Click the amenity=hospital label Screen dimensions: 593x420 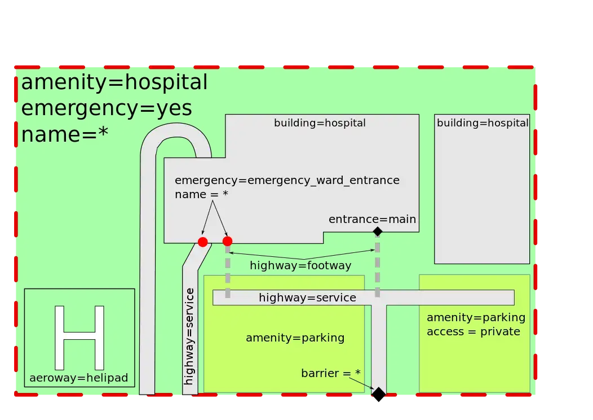[x=114, y=82]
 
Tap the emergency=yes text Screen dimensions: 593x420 [x=107, y=108]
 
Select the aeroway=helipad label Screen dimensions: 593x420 [x=79, y=378]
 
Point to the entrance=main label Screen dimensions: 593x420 [x=372, y=219]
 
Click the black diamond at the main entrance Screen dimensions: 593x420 [x=378, y=231]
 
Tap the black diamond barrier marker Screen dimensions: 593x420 [x=378, y=394]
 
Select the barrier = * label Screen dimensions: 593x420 [x=330, y=373]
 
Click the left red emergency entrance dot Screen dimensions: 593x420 [x=203, y=242]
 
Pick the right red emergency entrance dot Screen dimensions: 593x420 [x=227, y=241]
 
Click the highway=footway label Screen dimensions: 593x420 [x=300, y=265]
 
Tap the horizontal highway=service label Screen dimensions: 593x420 [x=307, y=297]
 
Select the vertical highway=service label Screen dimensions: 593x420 [x=189, y=336]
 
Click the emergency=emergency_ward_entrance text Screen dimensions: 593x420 [x=287, y=180]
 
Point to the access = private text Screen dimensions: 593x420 [x=473, y=331]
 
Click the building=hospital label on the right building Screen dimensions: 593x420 [x=483, y=123]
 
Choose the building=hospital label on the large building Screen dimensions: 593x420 [x=320, y=123]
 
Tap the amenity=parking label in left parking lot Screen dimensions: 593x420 [x=295, y=338]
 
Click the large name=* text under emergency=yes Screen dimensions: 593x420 [x=65, y=134]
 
